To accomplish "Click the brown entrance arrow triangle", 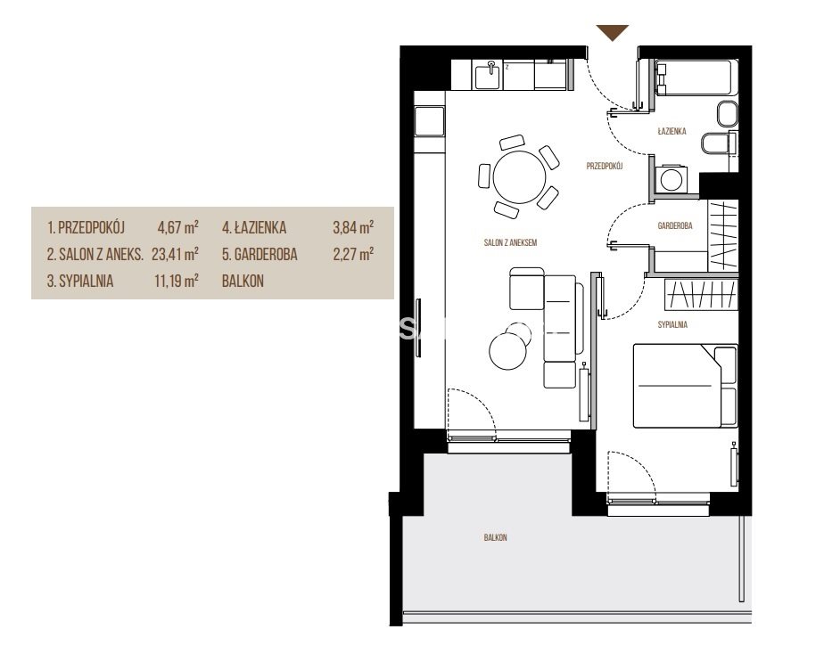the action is [x=613, y=31].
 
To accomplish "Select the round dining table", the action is [x=519, y=177].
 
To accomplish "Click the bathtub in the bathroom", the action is [x=696, y=78].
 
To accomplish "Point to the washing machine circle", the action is [x=672, y=178].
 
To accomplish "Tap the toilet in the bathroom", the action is [x=719, y=143].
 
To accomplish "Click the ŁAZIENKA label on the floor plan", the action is [x=672, y=131].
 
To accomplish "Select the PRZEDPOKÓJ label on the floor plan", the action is [x=605, y=166].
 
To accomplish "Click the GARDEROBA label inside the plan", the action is [x=675, y=225].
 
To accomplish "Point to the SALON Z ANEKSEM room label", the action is [x=510, y=242].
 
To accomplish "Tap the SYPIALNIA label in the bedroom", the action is [x=672, y=324].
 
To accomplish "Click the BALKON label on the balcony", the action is [x=496, y=537].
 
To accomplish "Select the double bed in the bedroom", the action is [x=685, y=386].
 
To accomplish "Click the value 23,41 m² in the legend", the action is [x=175, y=254].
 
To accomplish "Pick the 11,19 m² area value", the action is [x=177, y=281].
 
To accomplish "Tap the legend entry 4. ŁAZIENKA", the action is [x=254, y=227].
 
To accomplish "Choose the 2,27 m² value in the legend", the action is [x=353, y=254].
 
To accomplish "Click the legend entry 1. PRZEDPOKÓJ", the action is [x=87, y=227].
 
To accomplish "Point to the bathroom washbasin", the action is [x=728, y=114].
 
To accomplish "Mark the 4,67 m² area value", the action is [x=178, y=227].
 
